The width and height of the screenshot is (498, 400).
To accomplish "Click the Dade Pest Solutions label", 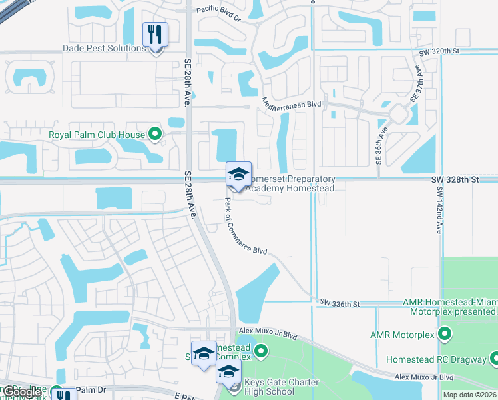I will coord(104,48).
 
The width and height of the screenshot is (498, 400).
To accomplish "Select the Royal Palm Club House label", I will coord(97,135).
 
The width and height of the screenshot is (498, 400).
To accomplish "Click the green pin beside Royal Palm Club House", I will coord(156,135).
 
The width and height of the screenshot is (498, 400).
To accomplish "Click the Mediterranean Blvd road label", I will coord(292,104).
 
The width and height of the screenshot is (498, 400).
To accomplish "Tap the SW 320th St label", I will coord(439,51).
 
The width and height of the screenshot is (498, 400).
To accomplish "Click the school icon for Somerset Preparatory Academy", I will coord(238,173).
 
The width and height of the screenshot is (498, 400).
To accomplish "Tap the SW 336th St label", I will coord(340,304).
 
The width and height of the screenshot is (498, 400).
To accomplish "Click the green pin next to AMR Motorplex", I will coord(445,333).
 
